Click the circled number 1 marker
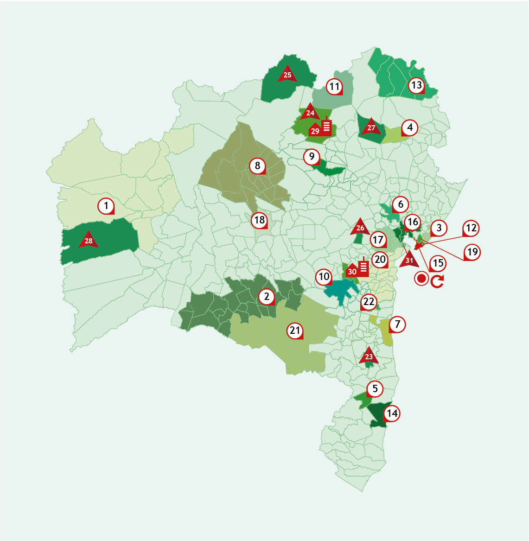(x=106, y=206)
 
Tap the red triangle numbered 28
(x=88, y=240)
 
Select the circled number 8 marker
(x=257, y=165)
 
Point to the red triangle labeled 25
(x=287, y=74)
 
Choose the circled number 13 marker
(x=416, y=85)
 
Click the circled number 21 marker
(x=295, y=331)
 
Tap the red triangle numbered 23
(x=369, y=356)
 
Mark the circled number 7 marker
(x=397, y=325)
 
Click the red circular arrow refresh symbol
(x=437, y=281)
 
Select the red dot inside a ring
(x=421, y=279)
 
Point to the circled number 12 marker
(x=471, y=228)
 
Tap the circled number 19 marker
(x=472, y=252)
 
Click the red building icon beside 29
(x=327, y=126)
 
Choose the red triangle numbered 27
(x=371, y=127)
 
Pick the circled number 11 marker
(x=334, y=86)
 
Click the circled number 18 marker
(x=259, y=220)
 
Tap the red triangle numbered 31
(x=409, y=259)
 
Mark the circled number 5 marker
(x=375, y=388)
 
